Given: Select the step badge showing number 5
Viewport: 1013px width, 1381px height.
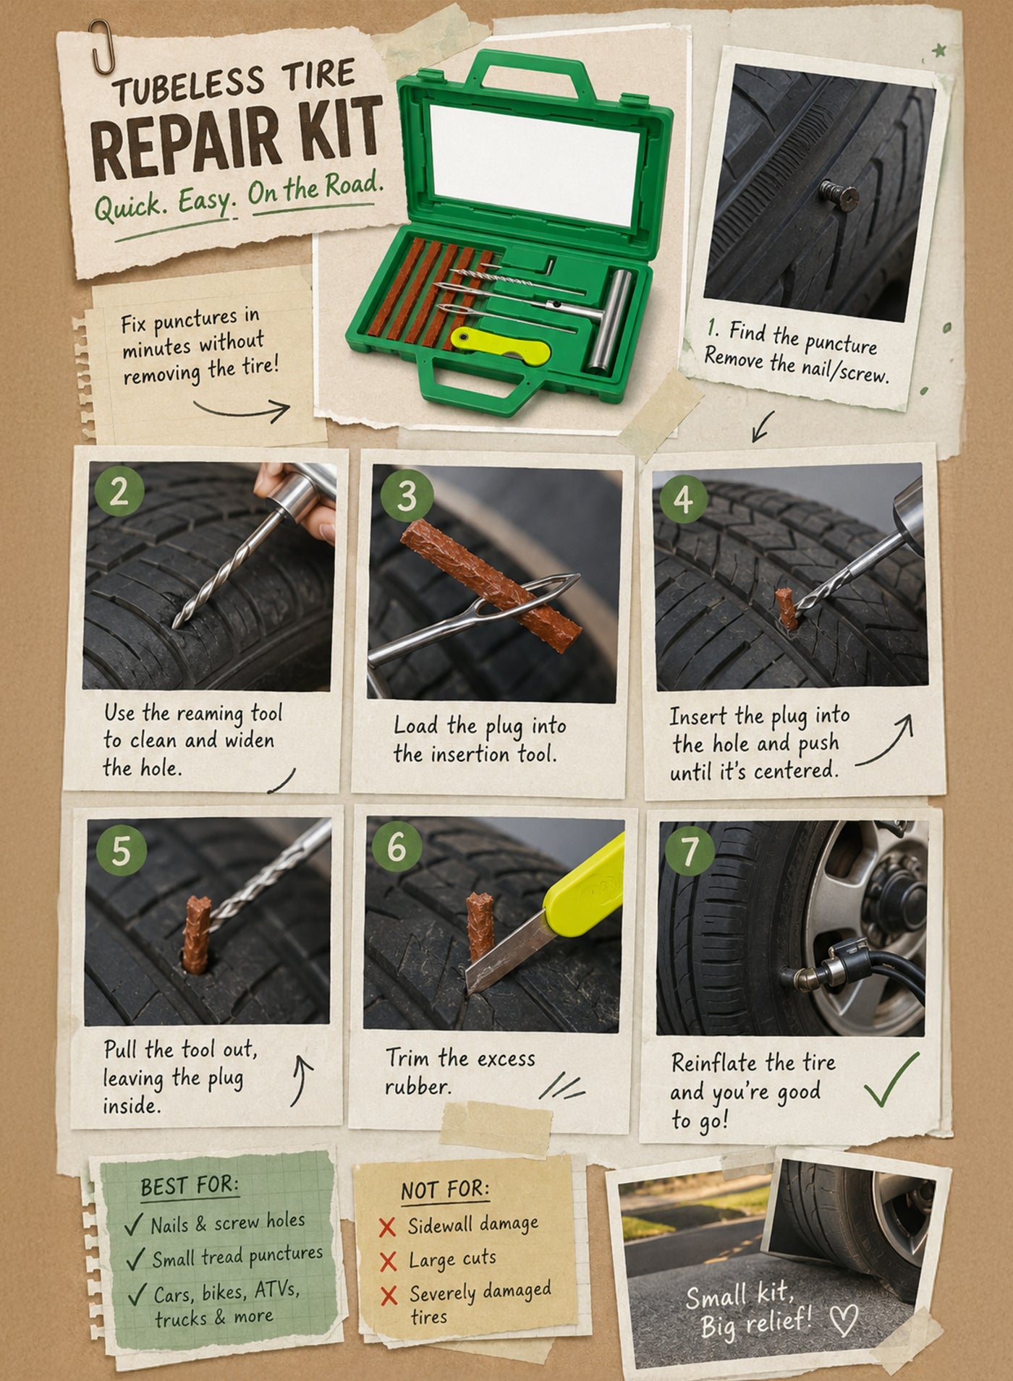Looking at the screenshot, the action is coord(121,852).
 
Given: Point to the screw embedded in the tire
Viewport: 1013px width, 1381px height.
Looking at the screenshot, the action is coord(839,194).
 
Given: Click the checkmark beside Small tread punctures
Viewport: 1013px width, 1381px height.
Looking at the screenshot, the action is coord(135,1259).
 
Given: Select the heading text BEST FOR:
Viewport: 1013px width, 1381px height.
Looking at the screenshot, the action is coord(189,1187).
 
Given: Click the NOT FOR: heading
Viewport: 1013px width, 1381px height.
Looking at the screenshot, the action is coord(445,1189).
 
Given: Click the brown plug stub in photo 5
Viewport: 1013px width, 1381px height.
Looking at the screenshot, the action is coord(198,933).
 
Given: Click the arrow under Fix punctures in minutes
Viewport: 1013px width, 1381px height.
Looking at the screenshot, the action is coord(242,411).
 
